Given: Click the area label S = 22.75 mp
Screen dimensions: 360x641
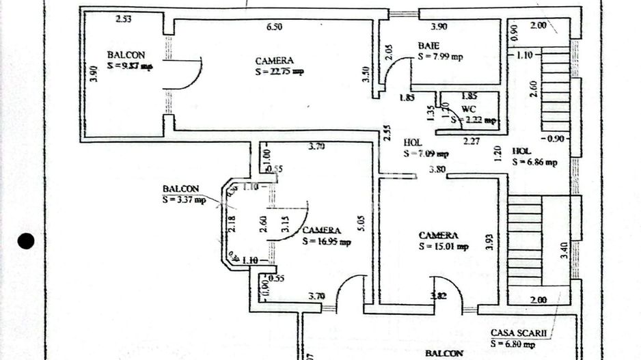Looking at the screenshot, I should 279,71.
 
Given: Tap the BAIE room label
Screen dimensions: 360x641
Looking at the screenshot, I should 429,46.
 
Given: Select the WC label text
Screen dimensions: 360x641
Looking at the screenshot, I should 469,109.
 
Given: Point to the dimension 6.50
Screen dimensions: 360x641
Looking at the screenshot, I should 274,27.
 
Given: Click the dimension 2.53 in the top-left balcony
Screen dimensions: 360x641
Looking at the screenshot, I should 124,19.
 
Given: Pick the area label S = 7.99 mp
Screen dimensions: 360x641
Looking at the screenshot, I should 440,57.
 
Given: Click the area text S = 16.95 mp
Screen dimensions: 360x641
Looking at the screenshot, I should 327,241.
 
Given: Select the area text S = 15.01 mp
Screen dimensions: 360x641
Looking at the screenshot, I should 444,246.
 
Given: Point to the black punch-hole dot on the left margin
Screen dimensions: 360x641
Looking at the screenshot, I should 26,240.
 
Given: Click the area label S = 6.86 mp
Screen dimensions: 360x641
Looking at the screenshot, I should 534,162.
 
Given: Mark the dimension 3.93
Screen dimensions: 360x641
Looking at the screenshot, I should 489,242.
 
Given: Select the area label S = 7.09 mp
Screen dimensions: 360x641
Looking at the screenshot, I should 426,154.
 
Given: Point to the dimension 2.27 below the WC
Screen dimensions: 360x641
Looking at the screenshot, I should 472,141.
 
